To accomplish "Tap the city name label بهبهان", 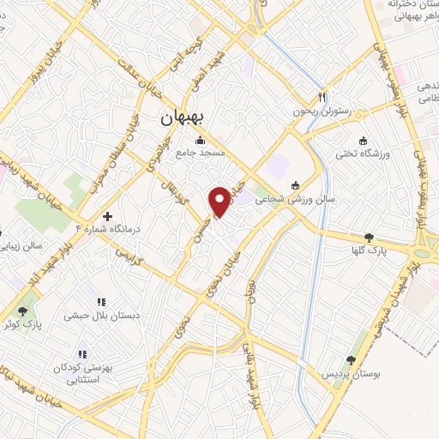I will [x=181, y=120].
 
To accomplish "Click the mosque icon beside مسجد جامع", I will [x=201, y=140].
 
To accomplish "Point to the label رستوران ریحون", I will [x=322, y=111].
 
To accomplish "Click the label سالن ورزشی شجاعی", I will [x=322, y=198].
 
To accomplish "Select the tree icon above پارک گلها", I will [x=370, y=237].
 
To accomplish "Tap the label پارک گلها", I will [x=370, y=251].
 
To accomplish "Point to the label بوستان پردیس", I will [x=351, y=375].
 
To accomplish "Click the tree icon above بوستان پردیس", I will [x=351, y=360].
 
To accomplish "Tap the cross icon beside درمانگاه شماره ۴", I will [x=107, y=216].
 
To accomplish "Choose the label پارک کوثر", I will [x=23, y=324].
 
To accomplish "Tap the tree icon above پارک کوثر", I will [x=23, y=310].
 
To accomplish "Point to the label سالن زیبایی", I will [x=21, y=246].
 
